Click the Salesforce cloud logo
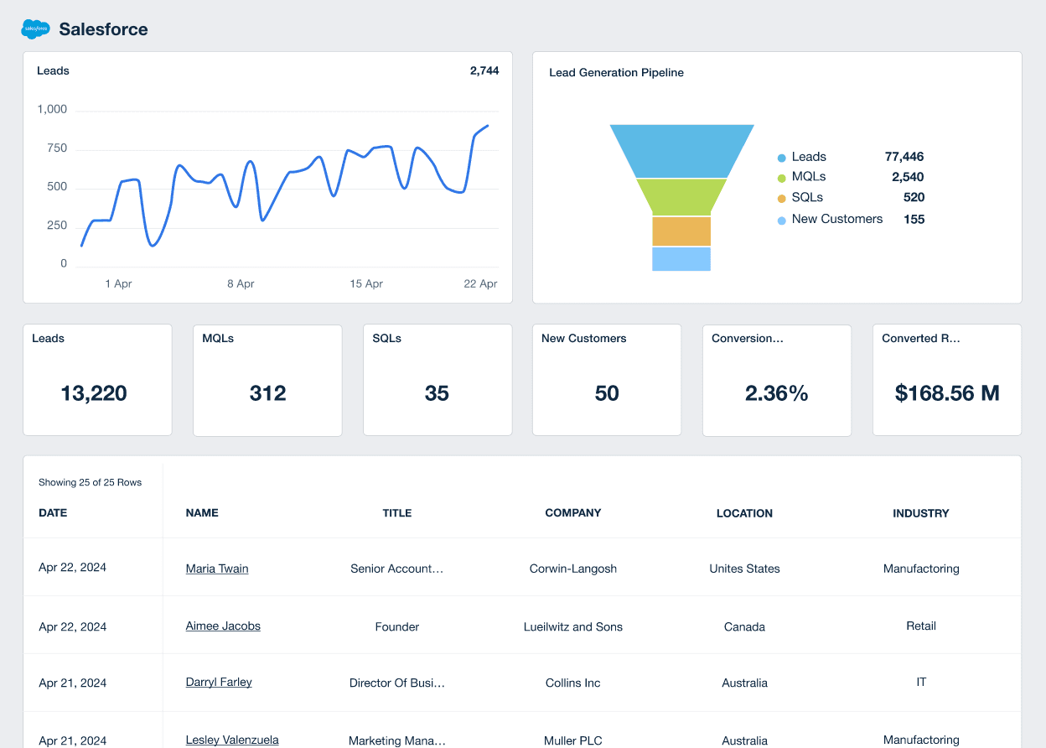tap(35, 29)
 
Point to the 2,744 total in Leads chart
tap(484, 71)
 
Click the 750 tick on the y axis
tap(57, 148)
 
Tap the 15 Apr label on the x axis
tap(366, 284)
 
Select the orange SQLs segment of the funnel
tap(681, 231)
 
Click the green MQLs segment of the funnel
tap(681, 197)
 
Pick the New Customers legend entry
tap(836, 219)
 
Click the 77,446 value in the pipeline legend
tap(904, 157)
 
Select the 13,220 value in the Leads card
tap(94, 393)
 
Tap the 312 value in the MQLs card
tap(267, 393)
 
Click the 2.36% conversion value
tap(776, 393)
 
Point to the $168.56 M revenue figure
tap(947, 393)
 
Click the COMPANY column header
tap(573, 512)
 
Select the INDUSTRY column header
tap(920, 513)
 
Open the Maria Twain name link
tap(217, 569)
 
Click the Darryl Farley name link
tap(219, 683)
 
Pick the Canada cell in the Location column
tap(744, 626)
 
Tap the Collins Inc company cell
tap(573, 683)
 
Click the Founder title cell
tap(397, 626)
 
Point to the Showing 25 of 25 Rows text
tap(91, 482)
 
